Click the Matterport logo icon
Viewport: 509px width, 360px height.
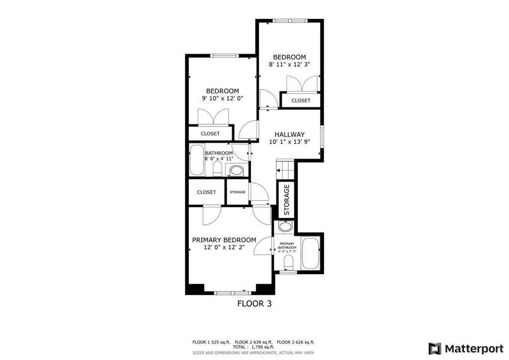[x=435, y=348]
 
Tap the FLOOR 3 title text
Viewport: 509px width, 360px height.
[x=254, y=303]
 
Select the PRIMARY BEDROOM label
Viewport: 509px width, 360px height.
[x=224, y=240]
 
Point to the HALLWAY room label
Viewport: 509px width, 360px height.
[x=289, y=134]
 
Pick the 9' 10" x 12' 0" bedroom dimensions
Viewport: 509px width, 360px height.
[x=223, y=98]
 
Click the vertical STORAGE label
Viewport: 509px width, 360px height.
[x=286, y=200]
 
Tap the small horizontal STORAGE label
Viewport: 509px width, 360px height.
[x=237, y=192]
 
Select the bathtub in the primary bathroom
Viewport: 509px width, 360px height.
[x=311, y=253]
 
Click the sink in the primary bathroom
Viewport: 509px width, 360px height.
[x=285, y=228]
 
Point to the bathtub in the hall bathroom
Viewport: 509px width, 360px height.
[x=197, y=159]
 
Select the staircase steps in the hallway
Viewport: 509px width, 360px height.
[x=285, y=168]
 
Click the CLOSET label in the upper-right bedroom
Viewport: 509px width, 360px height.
[x=301, y=100]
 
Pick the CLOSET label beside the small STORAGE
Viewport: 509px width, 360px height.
[x=206, y=192]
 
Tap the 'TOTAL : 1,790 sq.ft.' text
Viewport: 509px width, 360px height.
[x=254, y=348]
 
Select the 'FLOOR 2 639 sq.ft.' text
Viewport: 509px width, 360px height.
[x=254, y=342]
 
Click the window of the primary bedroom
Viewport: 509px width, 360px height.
[x=230, y=292]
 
